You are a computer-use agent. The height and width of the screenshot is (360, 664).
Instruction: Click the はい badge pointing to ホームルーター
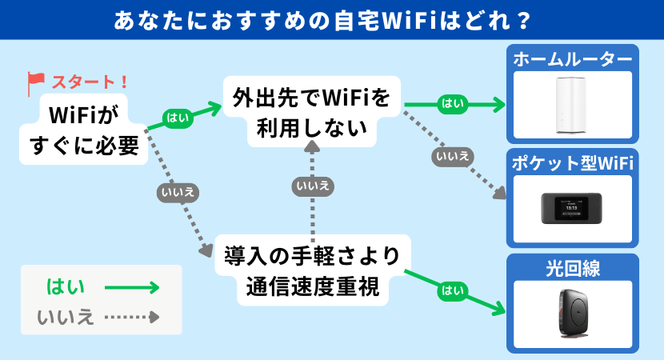point(452,103)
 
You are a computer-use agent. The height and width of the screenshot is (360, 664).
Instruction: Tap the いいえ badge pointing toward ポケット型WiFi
point(451,155)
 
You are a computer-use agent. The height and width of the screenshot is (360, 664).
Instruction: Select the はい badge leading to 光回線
point(453,290)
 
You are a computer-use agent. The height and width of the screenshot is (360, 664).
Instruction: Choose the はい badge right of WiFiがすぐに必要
point(177,117)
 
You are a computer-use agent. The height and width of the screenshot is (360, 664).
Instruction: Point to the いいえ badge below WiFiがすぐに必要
point(176,192)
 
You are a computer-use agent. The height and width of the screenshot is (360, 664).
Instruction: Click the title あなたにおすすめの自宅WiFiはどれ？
point(332,18)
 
